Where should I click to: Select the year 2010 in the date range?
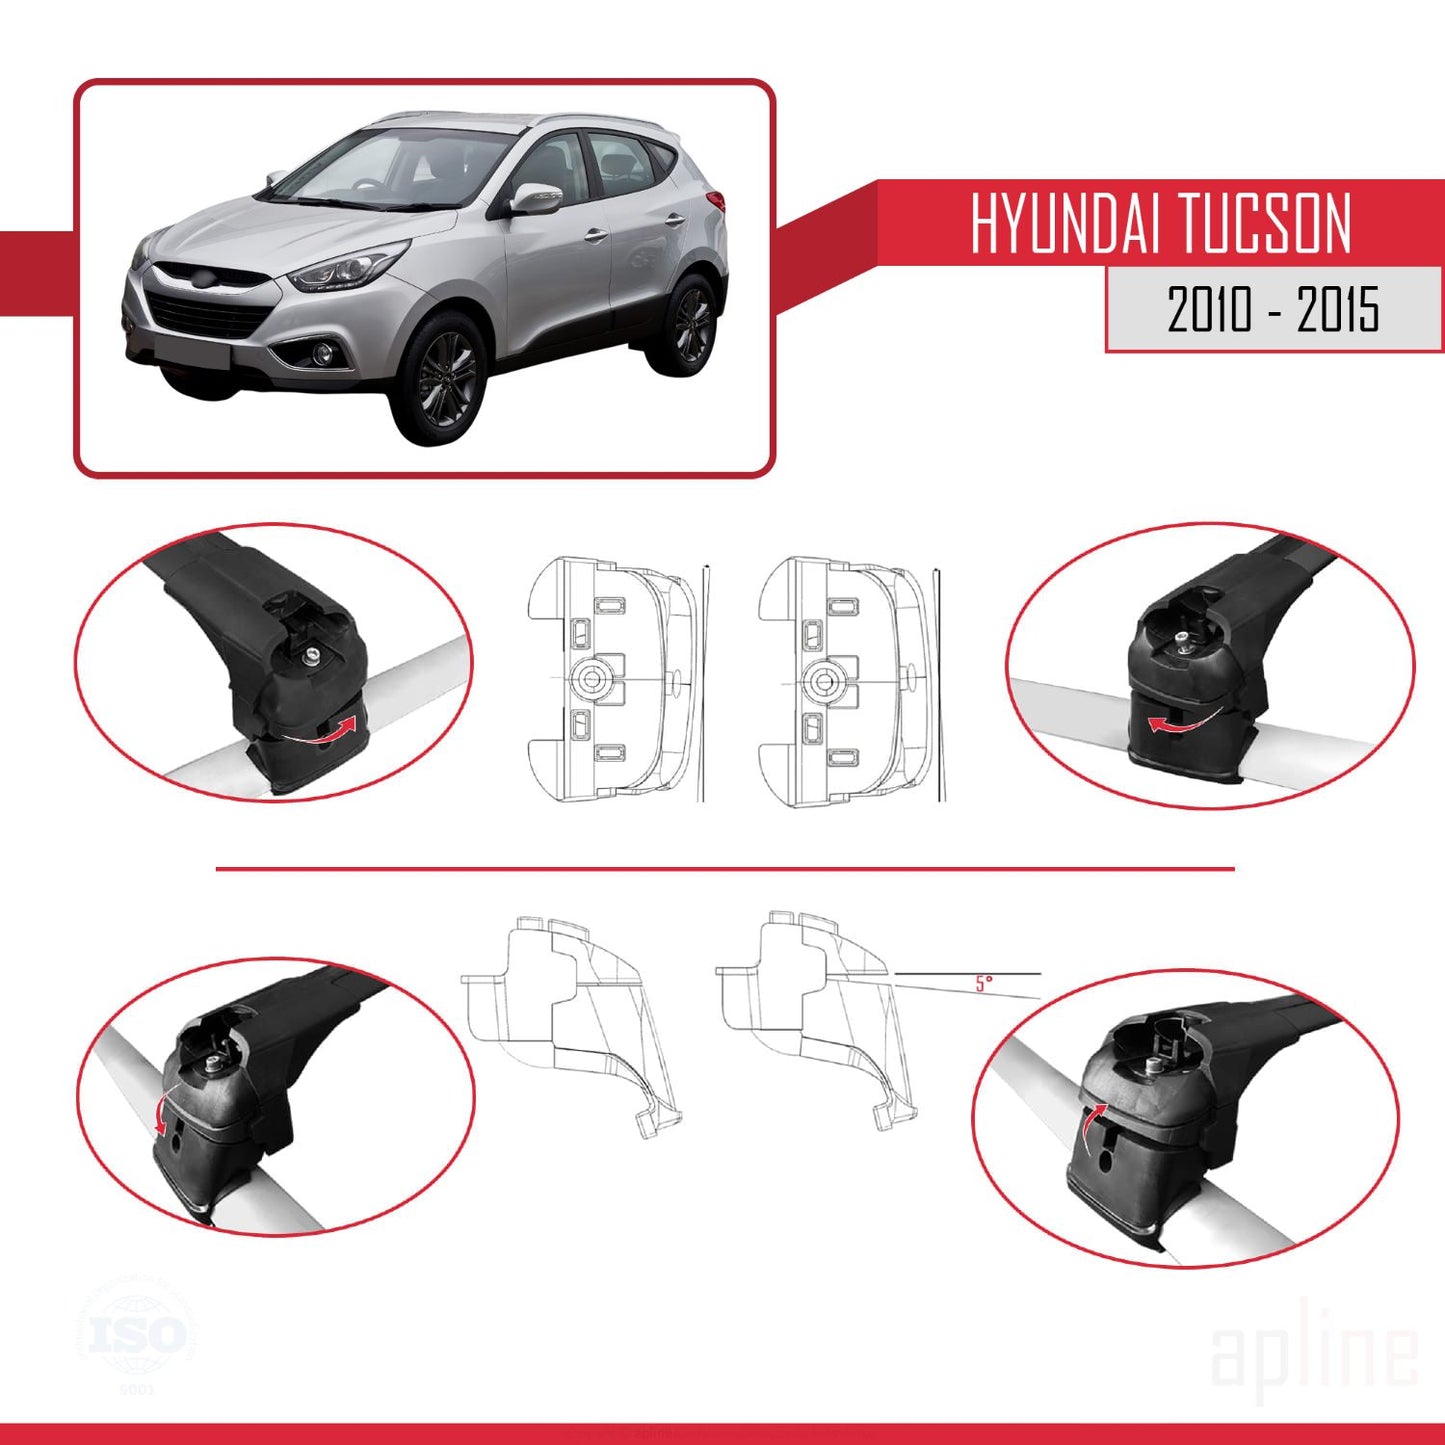(1209, 309)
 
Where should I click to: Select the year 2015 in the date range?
(1338, 309)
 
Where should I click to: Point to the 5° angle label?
(984, 983)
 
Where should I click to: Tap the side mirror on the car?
(536, 198)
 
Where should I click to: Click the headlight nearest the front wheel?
(345, 268)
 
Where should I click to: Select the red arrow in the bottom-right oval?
(1090, 1124)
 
